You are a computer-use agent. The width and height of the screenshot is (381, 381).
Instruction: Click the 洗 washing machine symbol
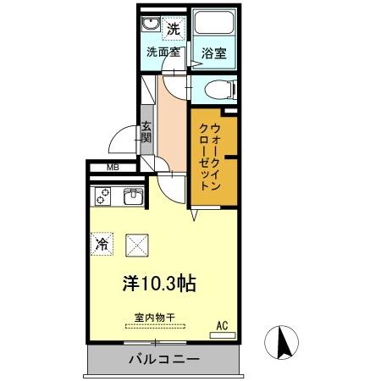point(173,28)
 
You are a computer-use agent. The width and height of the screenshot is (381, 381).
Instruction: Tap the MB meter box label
point(112,168)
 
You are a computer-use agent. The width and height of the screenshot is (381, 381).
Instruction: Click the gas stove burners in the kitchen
point(102,198)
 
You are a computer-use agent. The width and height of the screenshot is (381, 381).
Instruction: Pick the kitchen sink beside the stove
point(134,198)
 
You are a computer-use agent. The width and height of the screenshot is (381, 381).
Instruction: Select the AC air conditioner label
point(223,324)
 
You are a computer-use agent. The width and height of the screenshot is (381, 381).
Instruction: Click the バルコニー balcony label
point(164,359)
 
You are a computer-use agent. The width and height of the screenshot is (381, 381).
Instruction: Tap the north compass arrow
point(285,343)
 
